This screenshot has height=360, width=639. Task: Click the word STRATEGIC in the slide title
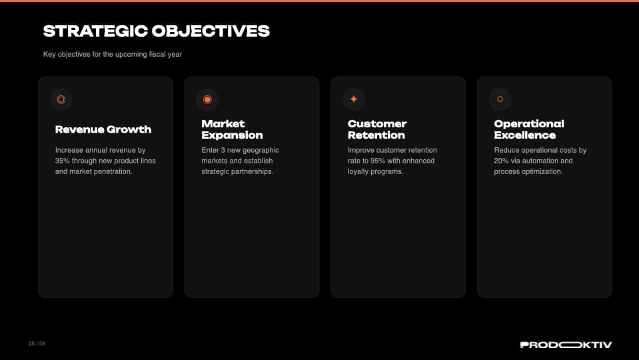pos(95,31)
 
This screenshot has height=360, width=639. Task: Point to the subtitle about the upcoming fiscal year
pos(113,54)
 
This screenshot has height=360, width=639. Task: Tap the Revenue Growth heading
pos(103,129)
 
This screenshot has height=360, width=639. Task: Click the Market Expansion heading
pos(232,129)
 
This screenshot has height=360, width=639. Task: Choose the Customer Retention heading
pos(377,129)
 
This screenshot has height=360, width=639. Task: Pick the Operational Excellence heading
pos(529,129)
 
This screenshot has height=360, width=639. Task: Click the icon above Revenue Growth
pos(61,99)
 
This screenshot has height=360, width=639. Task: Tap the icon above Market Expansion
pos(207,99)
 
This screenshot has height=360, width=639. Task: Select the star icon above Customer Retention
pos(354,99)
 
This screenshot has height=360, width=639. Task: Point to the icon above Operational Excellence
pos(500,99)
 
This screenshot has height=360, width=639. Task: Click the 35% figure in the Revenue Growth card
pos(62,161)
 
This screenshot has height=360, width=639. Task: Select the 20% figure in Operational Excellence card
pos(501,161)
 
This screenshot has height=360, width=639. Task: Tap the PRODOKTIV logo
pos(566,345)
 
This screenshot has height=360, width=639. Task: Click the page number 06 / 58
pos(37,343)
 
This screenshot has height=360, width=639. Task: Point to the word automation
pos(538,161)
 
